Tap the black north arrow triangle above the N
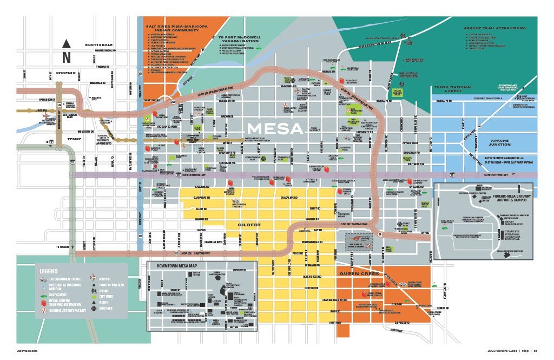click(66, 44)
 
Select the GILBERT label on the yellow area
click(249, 224)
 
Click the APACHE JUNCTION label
click(491, 142)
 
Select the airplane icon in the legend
click(93, 279)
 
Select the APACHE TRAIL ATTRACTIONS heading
click(494, 28)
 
